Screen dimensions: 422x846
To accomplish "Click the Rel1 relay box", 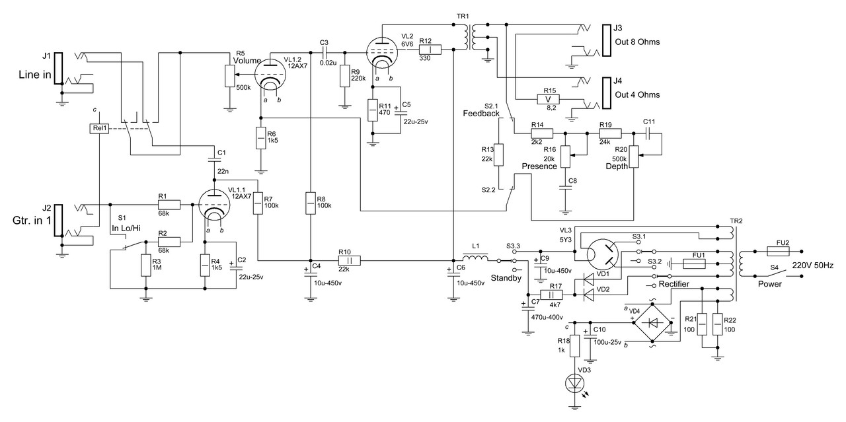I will pyautogui.click(x=99, y=128).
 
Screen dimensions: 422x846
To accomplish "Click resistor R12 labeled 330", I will pyautogui.click(x=430, y=50).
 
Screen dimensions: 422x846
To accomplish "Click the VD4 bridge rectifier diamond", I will pyautogui.click(x=652, y=323).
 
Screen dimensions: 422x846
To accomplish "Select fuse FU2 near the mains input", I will pyautogui.click(x=779, y=251).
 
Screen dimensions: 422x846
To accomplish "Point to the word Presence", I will pyautogui.click(x=539, y=166).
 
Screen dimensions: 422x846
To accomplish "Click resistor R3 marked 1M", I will pyautogui.click(x=145, y=265).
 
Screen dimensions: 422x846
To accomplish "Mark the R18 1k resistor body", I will pyautogui.click(x=574, y=345).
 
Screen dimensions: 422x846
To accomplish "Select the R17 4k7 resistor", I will pyautogui.click(x=551, y=295).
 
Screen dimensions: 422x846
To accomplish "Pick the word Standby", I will pyautogui.click(x=506, y=278).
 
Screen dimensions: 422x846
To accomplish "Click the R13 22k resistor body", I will pyautogui.click(x=499, y=154).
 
